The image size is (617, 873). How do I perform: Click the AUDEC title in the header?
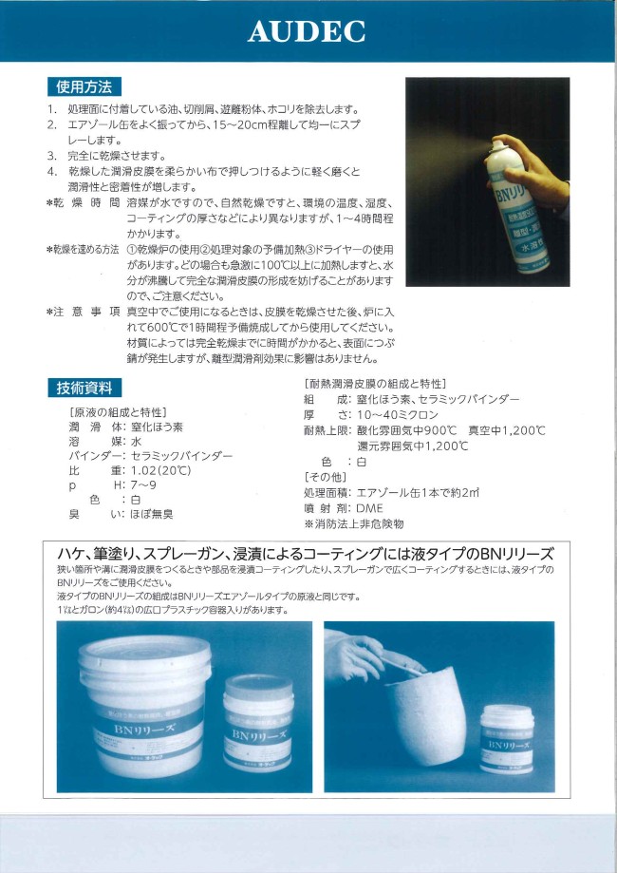coord(307,31)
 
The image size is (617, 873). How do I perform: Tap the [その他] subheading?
coord(324,476)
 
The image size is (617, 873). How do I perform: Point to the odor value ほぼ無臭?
coord(151,514)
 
